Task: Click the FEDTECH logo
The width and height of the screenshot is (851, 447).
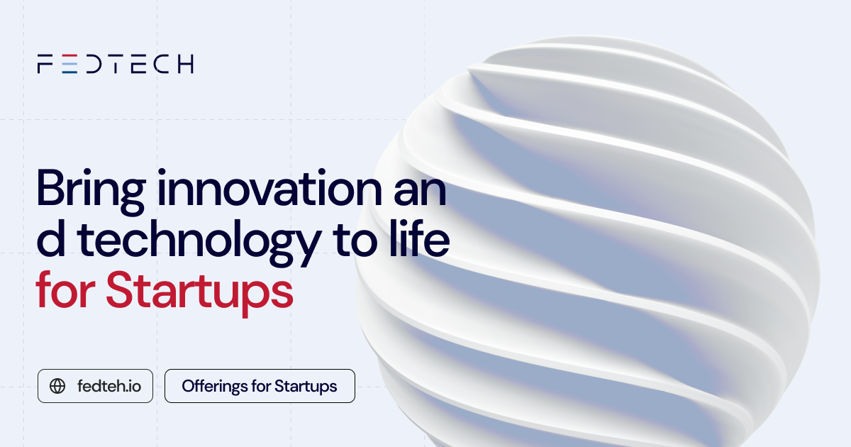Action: click(115, 64)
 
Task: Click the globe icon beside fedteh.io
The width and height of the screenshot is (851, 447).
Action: click(57, 386)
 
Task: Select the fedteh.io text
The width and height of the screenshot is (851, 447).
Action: click(109, 386)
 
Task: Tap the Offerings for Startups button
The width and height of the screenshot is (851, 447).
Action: click(260, 386)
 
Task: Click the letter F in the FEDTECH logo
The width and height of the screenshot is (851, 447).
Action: click(45, 64)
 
